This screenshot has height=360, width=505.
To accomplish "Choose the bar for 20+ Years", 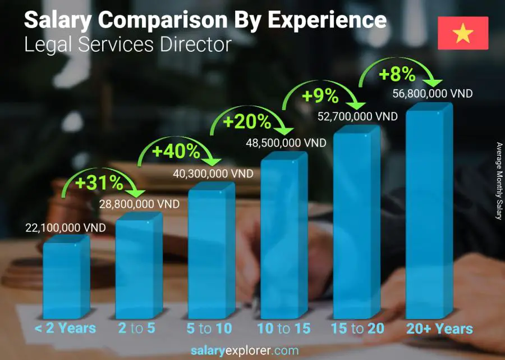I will [429, 213].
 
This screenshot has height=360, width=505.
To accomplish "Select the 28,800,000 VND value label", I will [139, 204].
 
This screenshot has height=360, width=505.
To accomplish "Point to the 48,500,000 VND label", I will [286, 143].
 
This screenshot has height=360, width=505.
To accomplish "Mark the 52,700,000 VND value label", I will [357, 116].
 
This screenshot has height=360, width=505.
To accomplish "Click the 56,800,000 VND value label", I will [433, 93].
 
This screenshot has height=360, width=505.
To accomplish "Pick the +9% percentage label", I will [320, 97].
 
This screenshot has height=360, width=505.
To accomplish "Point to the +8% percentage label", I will [397, 74].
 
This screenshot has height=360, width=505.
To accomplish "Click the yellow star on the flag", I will [463, 34].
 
